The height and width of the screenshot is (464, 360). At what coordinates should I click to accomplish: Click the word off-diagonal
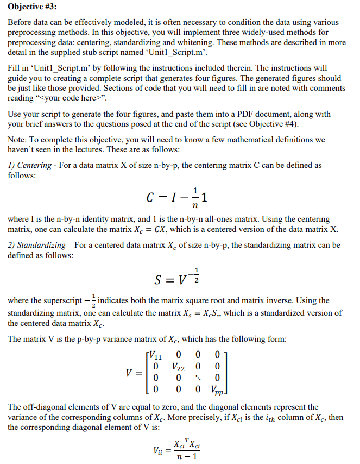point(42,406)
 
